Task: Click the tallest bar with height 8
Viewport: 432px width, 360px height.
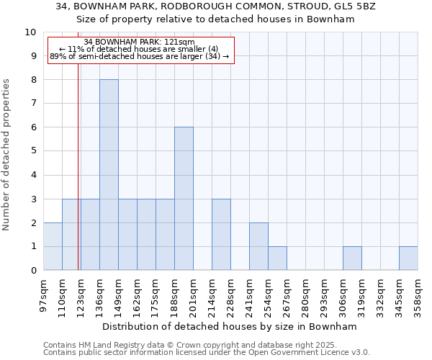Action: tap(109, 175)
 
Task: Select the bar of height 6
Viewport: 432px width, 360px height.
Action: tap(184, 199)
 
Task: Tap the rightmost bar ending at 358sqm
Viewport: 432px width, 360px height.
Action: tap(408, 258)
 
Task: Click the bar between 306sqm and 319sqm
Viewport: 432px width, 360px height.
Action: tap(352, 258)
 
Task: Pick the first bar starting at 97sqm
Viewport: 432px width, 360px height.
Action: tap(53, 246)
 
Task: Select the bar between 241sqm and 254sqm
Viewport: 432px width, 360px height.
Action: tap(258, 246)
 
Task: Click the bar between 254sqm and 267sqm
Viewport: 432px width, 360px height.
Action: tap(277, 258)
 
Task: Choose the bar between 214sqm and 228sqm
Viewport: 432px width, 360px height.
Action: tap(221, 235)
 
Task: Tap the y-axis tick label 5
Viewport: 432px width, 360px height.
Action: tap(33, 151)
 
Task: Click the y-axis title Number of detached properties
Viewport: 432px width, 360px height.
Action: tap(7, 156)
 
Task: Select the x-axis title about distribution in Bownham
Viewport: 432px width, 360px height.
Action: tap(230, 326)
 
